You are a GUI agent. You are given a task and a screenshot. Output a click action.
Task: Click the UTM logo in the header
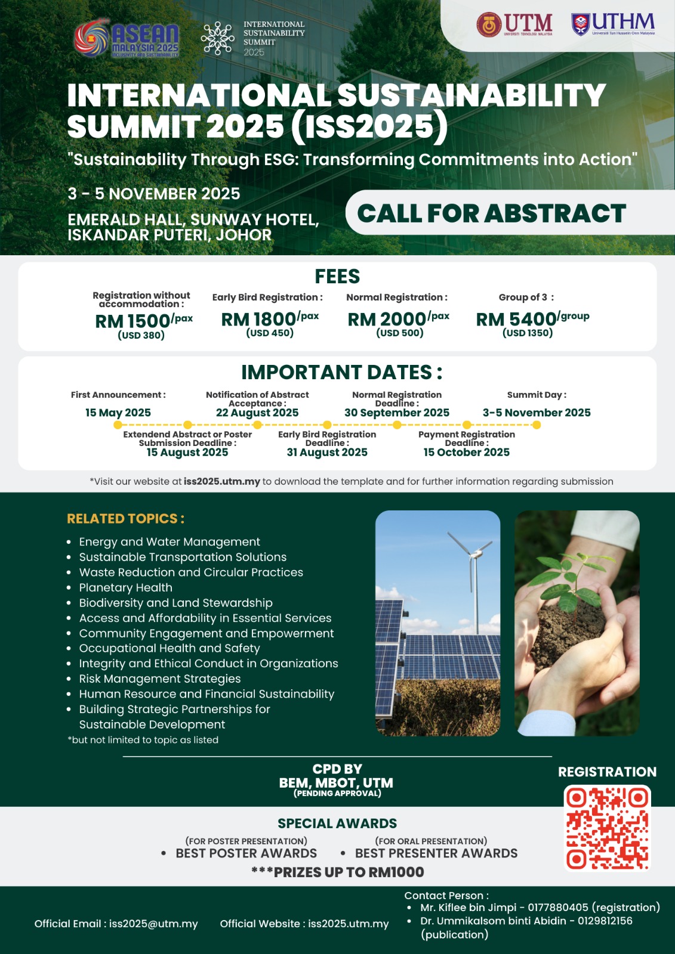[x=514, y=25]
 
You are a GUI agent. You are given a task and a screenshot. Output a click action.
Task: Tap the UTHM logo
[x=613, y=24]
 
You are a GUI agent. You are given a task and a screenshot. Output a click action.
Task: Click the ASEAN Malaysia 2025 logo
[x=127, y=39]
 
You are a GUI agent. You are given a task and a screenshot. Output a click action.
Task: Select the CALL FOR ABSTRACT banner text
[x=491, y=213]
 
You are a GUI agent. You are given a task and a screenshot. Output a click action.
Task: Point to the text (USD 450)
[x=270, y=333]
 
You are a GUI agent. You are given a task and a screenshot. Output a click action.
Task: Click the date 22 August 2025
[x=257, y=413]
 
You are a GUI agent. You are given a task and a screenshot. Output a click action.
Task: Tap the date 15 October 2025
[x=467, y=453]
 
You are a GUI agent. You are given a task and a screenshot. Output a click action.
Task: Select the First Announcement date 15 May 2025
[x=118, y=413]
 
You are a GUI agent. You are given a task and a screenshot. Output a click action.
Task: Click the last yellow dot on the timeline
[x=537, y=425]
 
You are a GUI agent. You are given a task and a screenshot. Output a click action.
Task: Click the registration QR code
[x=608, y=828]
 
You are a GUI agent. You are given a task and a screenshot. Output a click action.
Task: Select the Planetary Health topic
[x=126, y=588]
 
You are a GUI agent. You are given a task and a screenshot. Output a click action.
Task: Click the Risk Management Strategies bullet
[x=160, y=679]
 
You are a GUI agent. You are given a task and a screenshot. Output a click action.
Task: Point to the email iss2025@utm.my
[x=153, y=924]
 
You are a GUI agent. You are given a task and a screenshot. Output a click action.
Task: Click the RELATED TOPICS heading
[x=125, y=519]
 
